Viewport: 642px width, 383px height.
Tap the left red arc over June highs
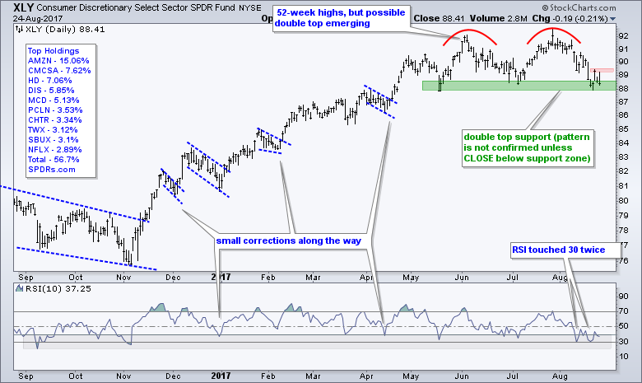pos(468,35)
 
